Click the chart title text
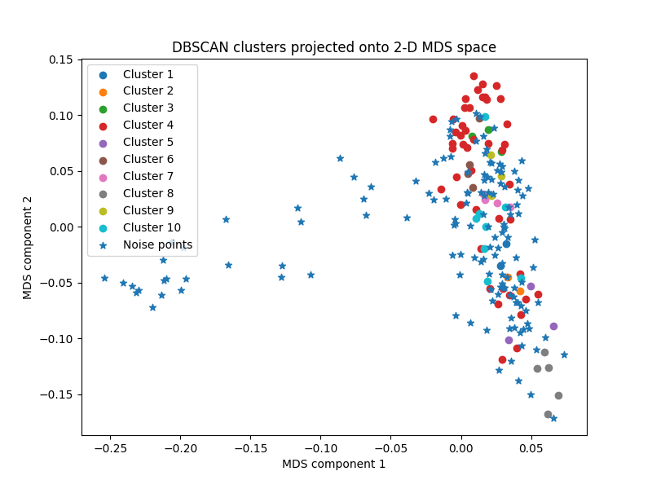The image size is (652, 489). pos(333,47)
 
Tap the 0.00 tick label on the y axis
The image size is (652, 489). pos(61,227)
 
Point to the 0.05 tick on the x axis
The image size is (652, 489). pos(531,447)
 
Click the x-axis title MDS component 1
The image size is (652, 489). pos(333,464)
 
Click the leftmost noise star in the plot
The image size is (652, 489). pos(104,278)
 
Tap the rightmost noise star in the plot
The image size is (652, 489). pos(564,355)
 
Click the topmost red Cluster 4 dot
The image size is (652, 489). pos(474,76)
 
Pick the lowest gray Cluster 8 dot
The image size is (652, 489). pos(548,414)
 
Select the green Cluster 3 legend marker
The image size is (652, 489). pos(103,108)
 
